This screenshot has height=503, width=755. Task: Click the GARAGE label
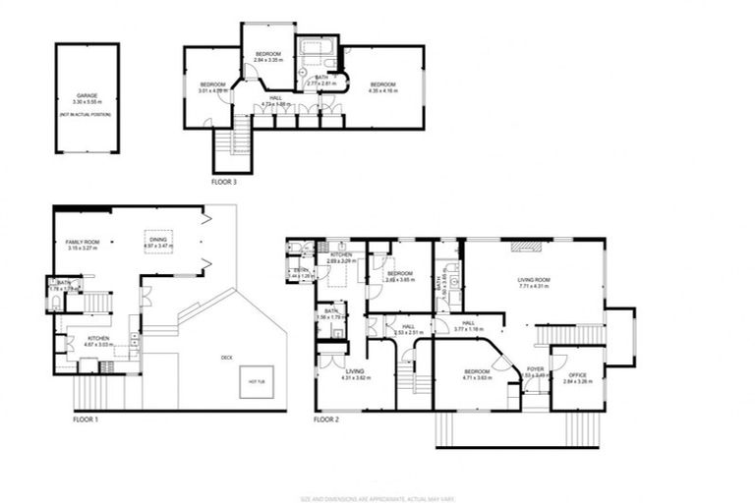[87, 96]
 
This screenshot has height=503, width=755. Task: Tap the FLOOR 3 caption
[224, 182]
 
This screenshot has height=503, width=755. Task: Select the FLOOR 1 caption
[87, 419]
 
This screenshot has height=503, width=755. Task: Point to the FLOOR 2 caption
[326, 419]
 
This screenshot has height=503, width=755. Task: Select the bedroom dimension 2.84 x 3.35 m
[268, 60]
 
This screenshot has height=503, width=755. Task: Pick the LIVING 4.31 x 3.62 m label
[355, 374]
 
